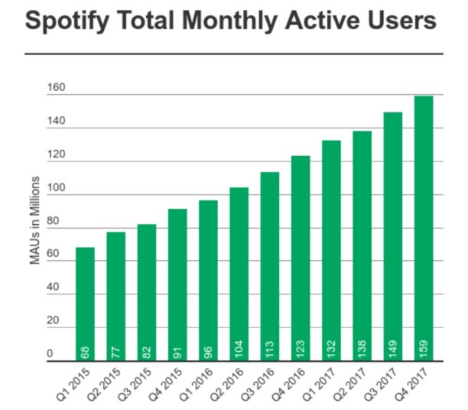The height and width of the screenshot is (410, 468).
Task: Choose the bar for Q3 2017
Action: pyautogui.click(x=392, y=236)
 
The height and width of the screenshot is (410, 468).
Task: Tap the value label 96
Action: pyautogui.click(x=208, y=351)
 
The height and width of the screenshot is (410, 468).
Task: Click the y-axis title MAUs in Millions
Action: pyautogui.click(x=35, y=221)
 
